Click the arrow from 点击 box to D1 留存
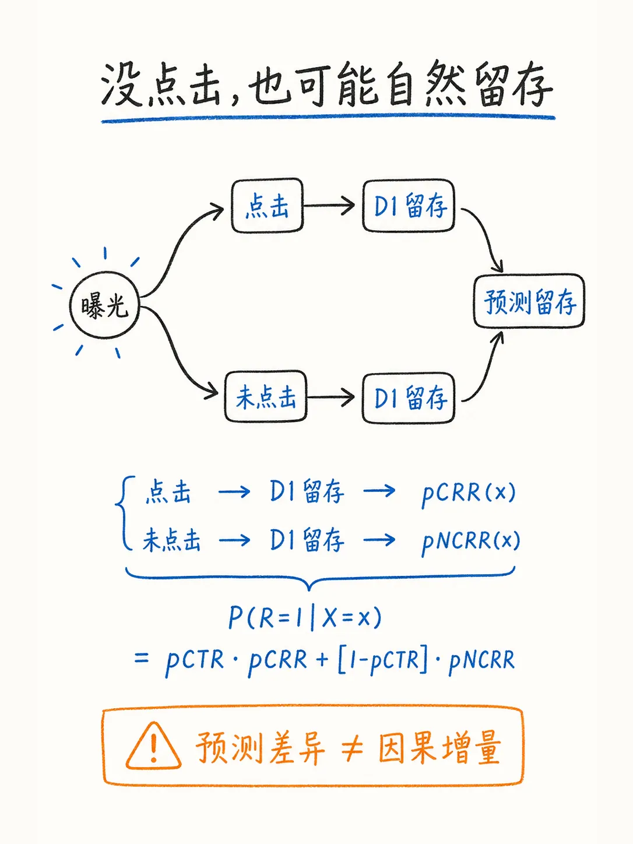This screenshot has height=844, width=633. (329, 205)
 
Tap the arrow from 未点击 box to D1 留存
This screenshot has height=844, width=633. (330, 397)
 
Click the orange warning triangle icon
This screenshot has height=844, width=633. (153, 746)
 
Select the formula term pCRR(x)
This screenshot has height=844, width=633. (469, 493)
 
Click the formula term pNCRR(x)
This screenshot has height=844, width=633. (471, 541)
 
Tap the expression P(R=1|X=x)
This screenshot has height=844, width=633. (305, 618)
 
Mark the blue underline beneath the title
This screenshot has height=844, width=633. (329, 118)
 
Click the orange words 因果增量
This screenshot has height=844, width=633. (439, 747)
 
